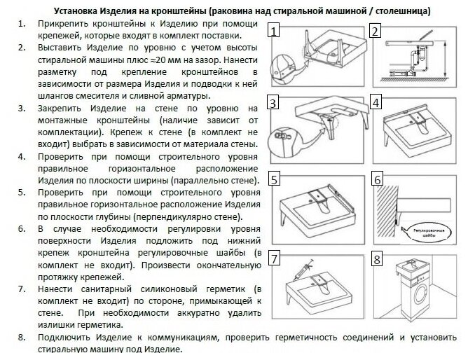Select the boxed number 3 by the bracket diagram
(x=275, y=104)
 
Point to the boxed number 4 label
(x=376, y=104)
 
